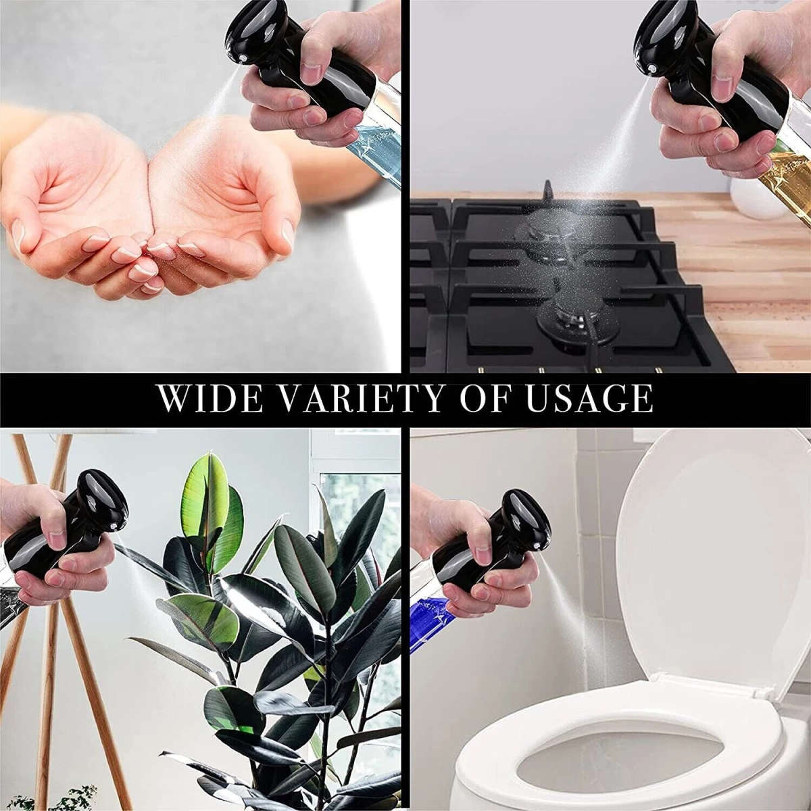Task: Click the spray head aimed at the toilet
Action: click(520, 527)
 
